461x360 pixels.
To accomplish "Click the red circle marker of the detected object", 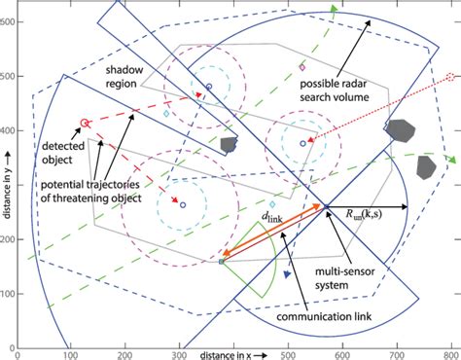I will pyautogui.click(x=86, y=124).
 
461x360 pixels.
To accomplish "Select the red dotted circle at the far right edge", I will pyautogui.click(x=448, y=76).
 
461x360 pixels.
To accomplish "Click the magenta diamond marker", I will pyautogui.click(x=302, y=68).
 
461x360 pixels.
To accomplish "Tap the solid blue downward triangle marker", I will pyautogui.click(x=286, y=275).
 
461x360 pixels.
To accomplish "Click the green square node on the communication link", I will pyautogui.click(x=222, y=262).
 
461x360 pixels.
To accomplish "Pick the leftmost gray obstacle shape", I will pyautogui.click(x=228, y=144).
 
